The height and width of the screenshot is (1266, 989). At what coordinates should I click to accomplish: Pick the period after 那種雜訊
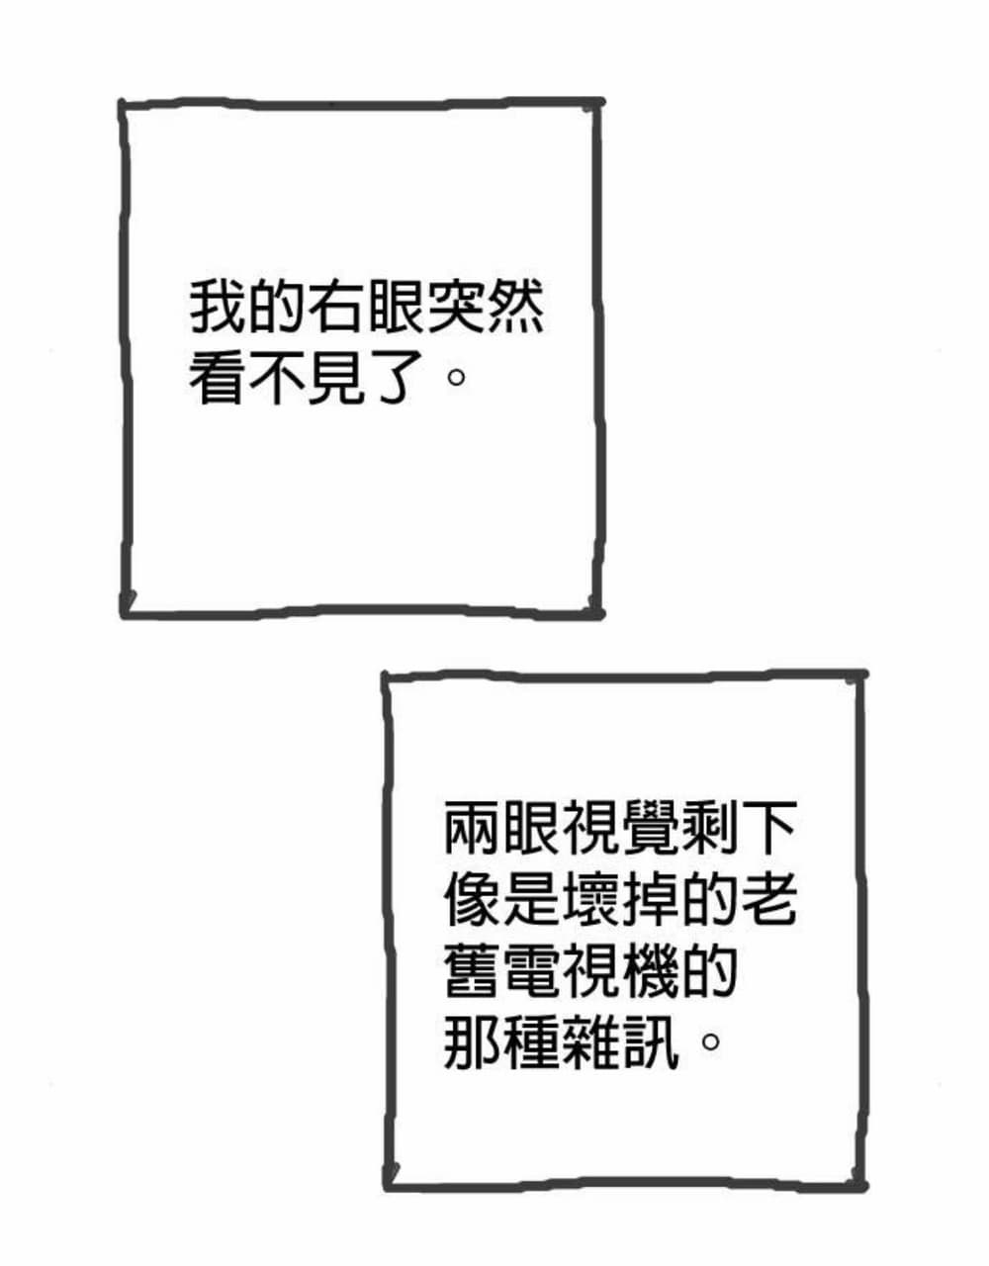pos(710,1040)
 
